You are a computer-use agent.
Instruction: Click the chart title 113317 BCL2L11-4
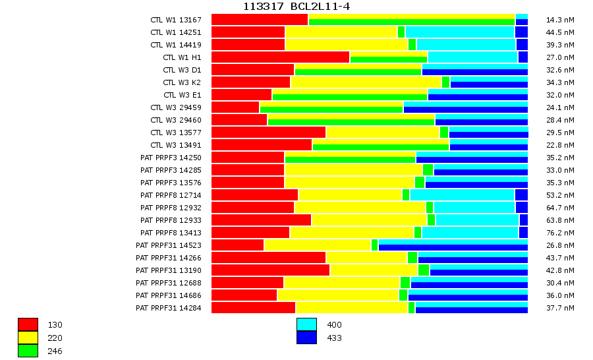coord(296,7)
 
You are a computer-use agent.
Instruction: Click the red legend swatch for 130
coord(28,324)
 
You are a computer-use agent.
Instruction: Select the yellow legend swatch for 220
coord(28,338)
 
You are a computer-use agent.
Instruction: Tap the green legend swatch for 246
coord(28,351)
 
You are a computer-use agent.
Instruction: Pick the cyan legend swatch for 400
coord(306,324)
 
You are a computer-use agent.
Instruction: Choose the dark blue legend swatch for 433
coord(306,338)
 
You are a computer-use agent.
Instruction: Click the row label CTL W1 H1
coord(182,57)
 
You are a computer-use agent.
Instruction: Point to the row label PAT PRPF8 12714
coord(171,195)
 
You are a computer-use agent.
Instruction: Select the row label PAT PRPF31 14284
coord(169,308)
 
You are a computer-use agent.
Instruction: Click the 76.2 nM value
coord(560,233)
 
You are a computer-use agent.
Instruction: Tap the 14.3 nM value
coord(560,20)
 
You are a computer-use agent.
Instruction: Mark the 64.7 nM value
coord(560,208)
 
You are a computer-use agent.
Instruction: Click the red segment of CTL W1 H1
coord(280,57)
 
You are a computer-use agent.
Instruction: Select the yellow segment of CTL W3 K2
coord(366,82)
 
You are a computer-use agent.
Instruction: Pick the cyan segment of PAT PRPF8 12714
coord(462,195)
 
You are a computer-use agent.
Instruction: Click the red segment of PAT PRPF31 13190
coord(270,270)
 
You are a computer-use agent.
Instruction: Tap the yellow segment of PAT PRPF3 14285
coord(353,170)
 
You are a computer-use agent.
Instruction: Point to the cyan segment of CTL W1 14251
coord(460,32)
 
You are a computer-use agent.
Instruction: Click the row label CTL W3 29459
coord(176,107)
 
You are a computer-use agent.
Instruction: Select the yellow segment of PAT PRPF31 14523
coord(318,245)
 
